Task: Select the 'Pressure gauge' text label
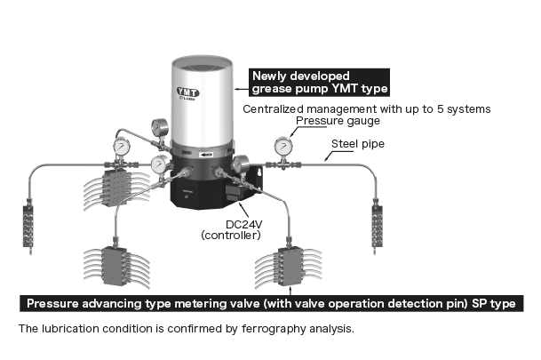(338, 121)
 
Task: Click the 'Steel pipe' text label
(358, 143)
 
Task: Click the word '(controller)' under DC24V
(231, 236)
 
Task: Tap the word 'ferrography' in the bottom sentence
(244, 329)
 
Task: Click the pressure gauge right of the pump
(283, 145)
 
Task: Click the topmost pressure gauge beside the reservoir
(160, 127)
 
